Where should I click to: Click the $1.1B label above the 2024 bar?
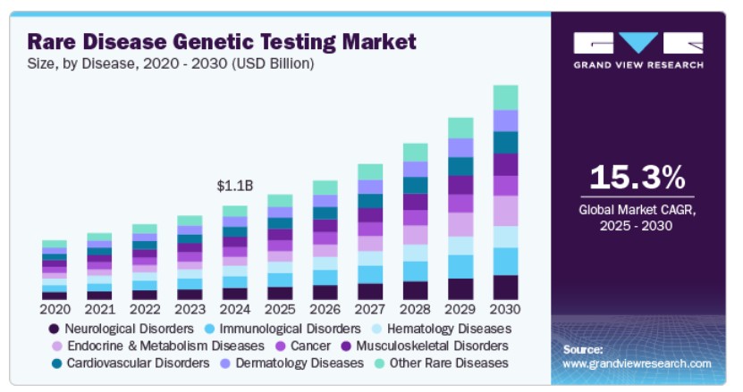(235, 186)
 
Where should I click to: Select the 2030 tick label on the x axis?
(505, 309)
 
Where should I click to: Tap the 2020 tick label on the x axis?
(55, 309)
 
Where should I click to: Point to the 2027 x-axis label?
(370, 309)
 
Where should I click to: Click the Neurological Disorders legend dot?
(54, 329)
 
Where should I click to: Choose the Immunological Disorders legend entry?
(283, 329)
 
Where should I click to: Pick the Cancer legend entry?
(303, 346)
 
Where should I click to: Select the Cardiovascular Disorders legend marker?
(57, 363)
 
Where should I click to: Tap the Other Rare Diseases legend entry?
(441, 363)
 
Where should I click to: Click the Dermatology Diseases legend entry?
(292, 363)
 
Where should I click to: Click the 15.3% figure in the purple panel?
(637, 177)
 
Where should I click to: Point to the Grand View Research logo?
(638, 51)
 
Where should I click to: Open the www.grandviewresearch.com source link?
(637, 363)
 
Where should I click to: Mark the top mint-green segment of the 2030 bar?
(505, 97)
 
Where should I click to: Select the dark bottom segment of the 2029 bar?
(460, 288)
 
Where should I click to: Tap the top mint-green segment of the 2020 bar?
(55, 244)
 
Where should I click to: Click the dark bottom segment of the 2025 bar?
(280, 293)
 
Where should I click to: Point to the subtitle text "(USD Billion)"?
(273, 63)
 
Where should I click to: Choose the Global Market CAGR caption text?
(637, 217)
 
